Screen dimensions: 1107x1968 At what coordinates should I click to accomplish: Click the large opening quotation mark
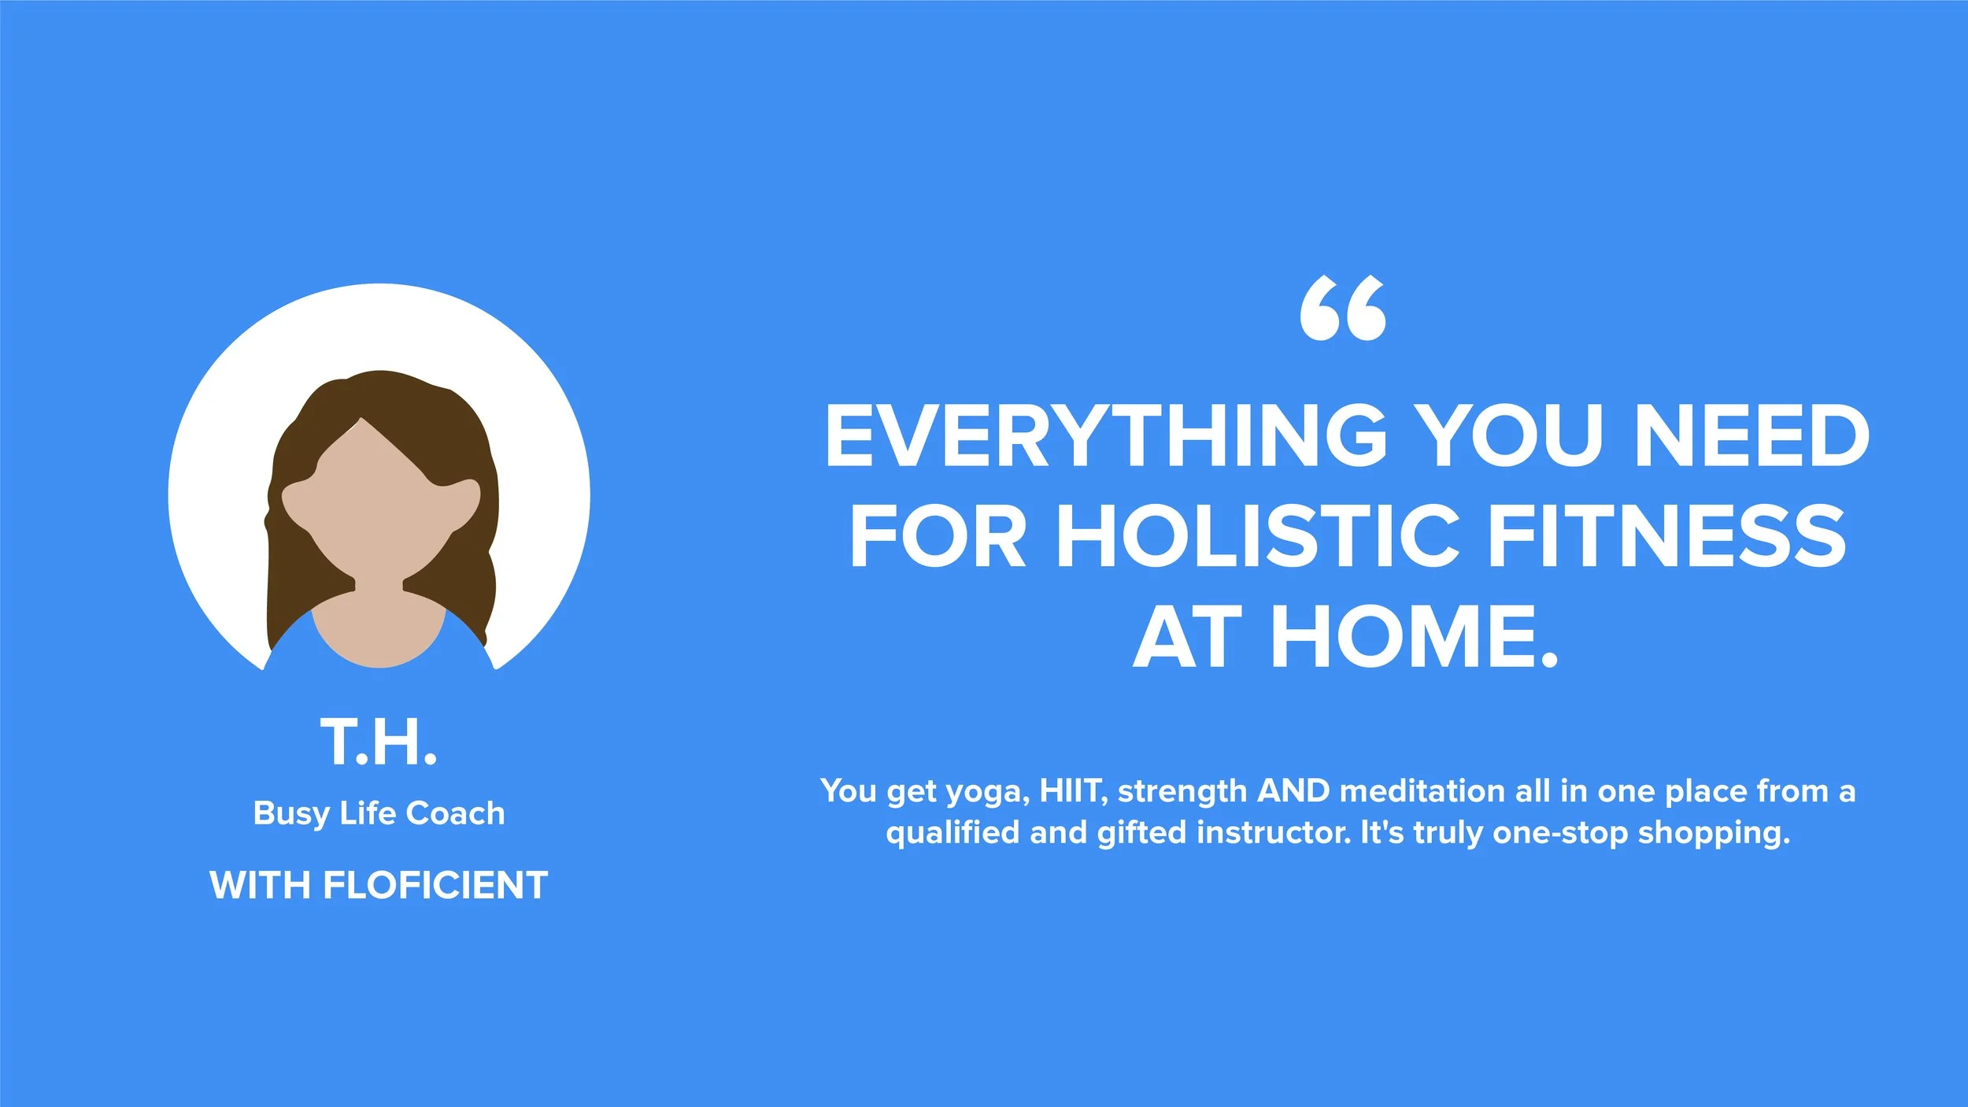click(x=1343, y=309)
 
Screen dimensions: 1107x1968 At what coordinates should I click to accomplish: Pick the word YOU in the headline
click(x=1512, y=435)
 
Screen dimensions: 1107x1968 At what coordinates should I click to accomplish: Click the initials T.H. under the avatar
click(x=379, y=742)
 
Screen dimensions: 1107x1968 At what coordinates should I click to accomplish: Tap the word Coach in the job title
click(x=455, y=813)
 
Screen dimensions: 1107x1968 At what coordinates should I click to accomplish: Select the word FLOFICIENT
click(x=435, y=885)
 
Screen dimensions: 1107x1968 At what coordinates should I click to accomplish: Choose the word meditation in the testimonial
click(x=1422, y=790)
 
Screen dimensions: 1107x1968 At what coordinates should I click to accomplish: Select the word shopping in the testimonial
click(x=1714, y=833)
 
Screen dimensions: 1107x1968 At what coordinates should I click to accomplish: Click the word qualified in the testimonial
click(x=953, y=833)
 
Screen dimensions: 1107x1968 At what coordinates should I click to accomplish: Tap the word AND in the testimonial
click(x=1294, y=790)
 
